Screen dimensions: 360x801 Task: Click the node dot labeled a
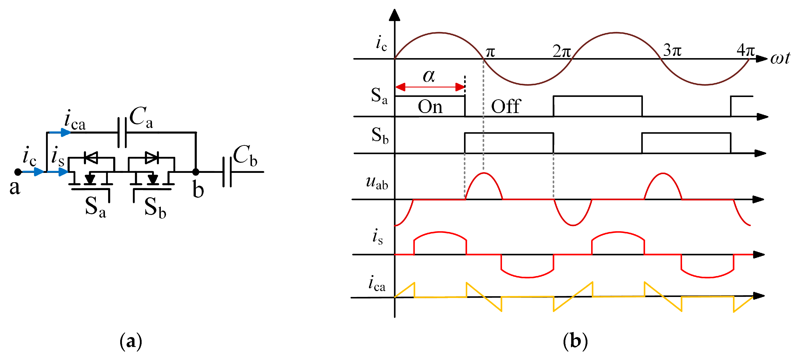pos(18,172)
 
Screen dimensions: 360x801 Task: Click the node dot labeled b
pos(196,172)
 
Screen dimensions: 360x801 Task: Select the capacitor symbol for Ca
pos(122,132)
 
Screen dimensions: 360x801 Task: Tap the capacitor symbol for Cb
pos(227,172)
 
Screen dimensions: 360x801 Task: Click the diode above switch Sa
pos(91,158)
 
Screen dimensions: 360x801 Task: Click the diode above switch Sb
pos(152,158)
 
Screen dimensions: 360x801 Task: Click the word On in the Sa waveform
pos(430,107)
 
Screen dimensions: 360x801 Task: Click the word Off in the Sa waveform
pos(506,107)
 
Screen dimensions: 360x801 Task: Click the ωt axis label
pos(780,58)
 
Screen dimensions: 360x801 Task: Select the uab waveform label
pos(377,182)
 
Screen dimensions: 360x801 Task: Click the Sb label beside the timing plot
pos(380,135)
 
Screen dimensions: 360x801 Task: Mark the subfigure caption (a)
pos(131,341)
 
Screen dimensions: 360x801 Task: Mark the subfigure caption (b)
pos(575,341)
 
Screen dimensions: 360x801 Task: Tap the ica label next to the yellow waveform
pos(377,284)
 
